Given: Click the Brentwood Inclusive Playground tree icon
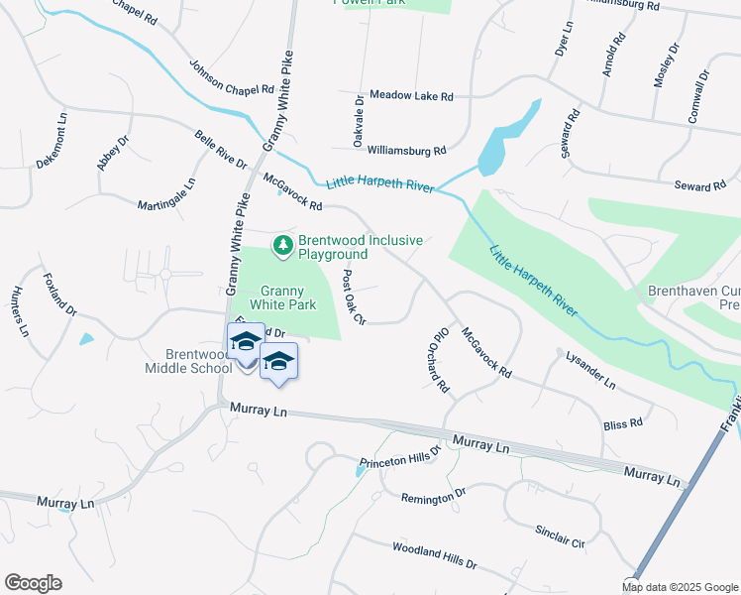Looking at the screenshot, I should (283, 245).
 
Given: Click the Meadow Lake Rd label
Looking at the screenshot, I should (411, 96).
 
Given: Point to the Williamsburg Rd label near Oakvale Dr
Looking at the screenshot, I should (406, 151).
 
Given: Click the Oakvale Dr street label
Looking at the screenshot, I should (359, 121).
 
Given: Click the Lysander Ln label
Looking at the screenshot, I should (590, 370).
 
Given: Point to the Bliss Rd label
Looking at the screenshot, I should (622, 424).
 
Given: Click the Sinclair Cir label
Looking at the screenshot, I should (561, 536).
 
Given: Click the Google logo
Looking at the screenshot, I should (33, 583).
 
